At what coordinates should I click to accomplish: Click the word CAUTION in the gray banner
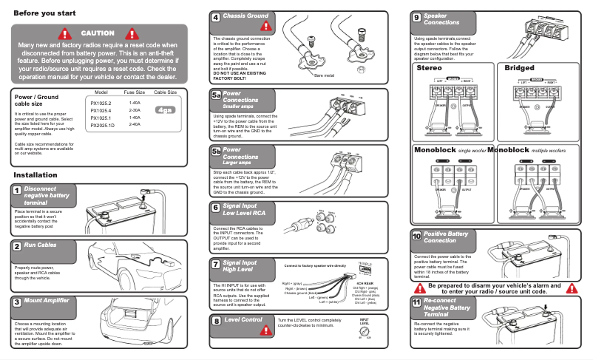click(98, 33)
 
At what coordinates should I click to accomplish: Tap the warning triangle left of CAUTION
click(65, 33)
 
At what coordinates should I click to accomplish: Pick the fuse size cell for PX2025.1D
click(135, 124)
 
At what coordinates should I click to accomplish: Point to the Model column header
click(103, 92)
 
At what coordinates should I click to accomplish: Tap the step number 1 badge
click(16, 191)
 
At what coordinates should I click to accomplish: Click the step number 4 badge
click(215, 17)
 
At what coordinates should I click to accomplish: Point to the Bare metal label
click(324, 75)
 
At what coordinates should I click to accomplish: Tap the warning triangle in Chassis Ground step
click(266, 26)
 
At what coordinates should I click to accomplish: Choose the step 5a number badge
click(215, 95)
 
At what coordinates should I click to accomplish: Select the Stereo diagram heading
click(429, 68)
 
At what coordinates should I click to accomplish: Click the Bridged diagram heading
click(518, 68)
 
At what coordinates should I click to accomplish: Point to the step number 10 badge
click(416, 236)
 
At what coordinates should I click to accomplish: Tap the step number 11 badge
click(416, 302)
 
